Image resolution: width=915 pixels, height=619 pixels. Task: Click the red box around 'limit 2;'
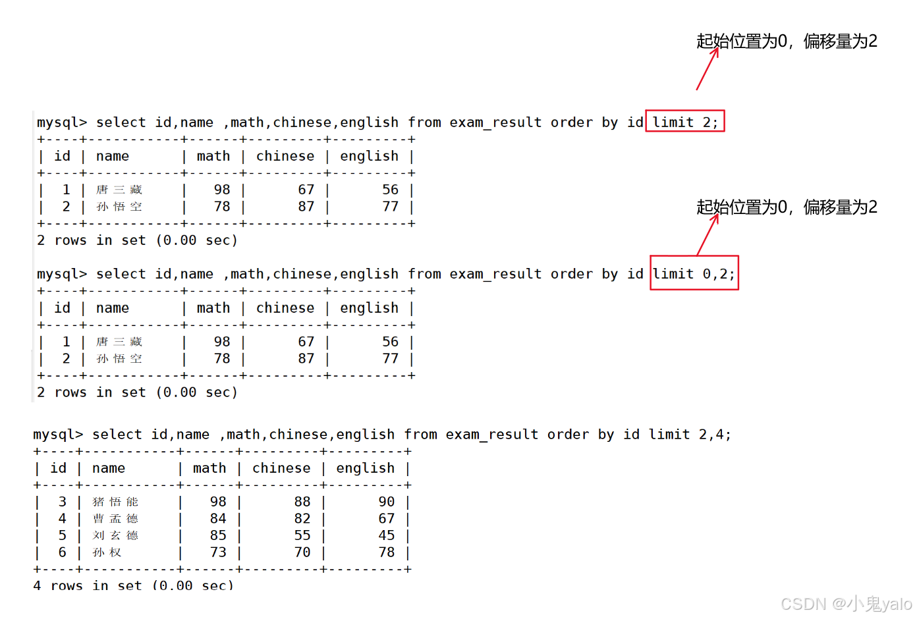(x=684, y=122)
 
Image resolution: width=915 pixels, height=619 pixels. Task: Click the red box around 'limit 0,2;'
(x=694, y=273)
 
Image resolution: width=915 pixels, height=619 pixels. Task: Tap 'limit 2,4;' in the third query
(x=690, y=435)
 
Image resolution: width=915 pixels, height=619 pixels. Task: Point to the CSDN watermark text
(x=846, y=604)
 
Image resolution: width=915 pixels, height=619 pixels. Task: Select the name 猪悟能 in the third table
(x=115, y=502)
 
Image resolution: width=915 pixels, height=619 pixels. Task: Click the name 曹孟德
(x=115, y=519)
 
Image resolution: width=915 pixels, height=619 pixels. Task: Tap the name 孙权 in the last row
(x=107, y=552)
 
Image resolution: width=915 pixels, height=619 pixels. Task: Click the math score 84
(x=218, y=519)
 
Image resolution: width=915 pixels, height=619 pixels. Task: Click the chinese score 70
(x=302, y=552)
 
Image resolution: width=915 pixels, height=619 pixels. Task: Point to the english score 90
(x=387, y=502)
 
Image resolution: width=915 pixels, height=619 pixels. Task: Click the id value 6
(x=63, y=552)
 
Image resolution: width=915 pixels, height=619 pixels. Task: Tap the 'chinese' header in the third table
(x=281, y=468)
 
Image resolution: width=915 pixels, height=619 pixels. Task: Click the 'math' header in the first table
(x=213, y=156)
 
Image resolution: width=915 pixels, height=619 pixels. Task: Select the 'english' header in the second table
(x=369, y=308)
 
